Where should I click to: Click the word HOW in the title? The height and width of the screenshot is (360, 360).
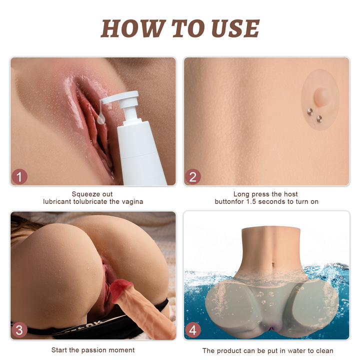[x=133, y=28]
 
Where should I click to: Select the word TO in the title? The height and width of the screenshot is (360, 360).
[x=188, y=28]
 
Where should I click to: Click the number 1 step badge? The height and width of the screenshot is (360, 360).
[x=19, y=177]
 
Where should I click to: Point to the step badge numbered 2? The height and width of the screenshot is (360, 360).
[x=193, y=177]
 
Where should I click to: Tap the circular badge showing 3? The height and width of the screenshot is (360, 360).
[x=19, y=330]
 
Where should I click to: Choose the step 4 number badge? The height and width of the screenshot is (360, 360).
[x=192, y=330]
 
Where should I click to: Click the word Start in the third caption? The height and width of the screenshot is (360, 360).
[x=59, y=350]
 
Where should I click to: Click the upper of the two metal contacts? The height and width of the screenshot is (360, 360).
[x=310, y=111]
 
